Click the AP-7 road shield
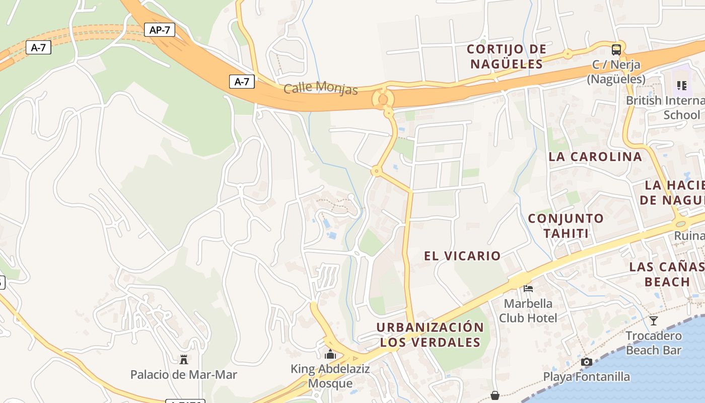point(160,30)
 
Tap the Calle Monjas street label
point(321,88)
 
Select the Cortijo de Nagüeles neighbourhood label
point(507,56)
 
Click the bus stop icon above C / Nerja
point(616,49)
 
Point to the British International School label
point(665,107)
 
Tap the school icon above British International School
point(682,86)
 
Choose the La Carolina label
point(595,157)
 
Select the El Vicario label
point(462,256)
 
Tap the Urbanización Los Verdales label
point(430,334)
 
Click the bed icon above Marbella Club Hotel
point(528,289)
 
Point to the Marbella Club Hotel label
point(528,311)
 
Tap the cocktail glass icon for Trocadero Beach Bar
point(654,320)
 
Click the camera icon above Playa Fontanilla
point(586,362)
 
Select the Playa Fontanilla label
point(586,377)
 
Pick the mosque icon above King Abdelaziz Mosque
point(330,355)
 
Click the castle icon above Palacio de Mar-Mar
point(184,360)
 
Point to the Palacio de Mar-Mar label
point(184,375)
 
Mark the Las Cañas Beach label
point(667,274)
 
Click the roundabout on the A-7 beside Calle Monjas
point(383,99)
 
